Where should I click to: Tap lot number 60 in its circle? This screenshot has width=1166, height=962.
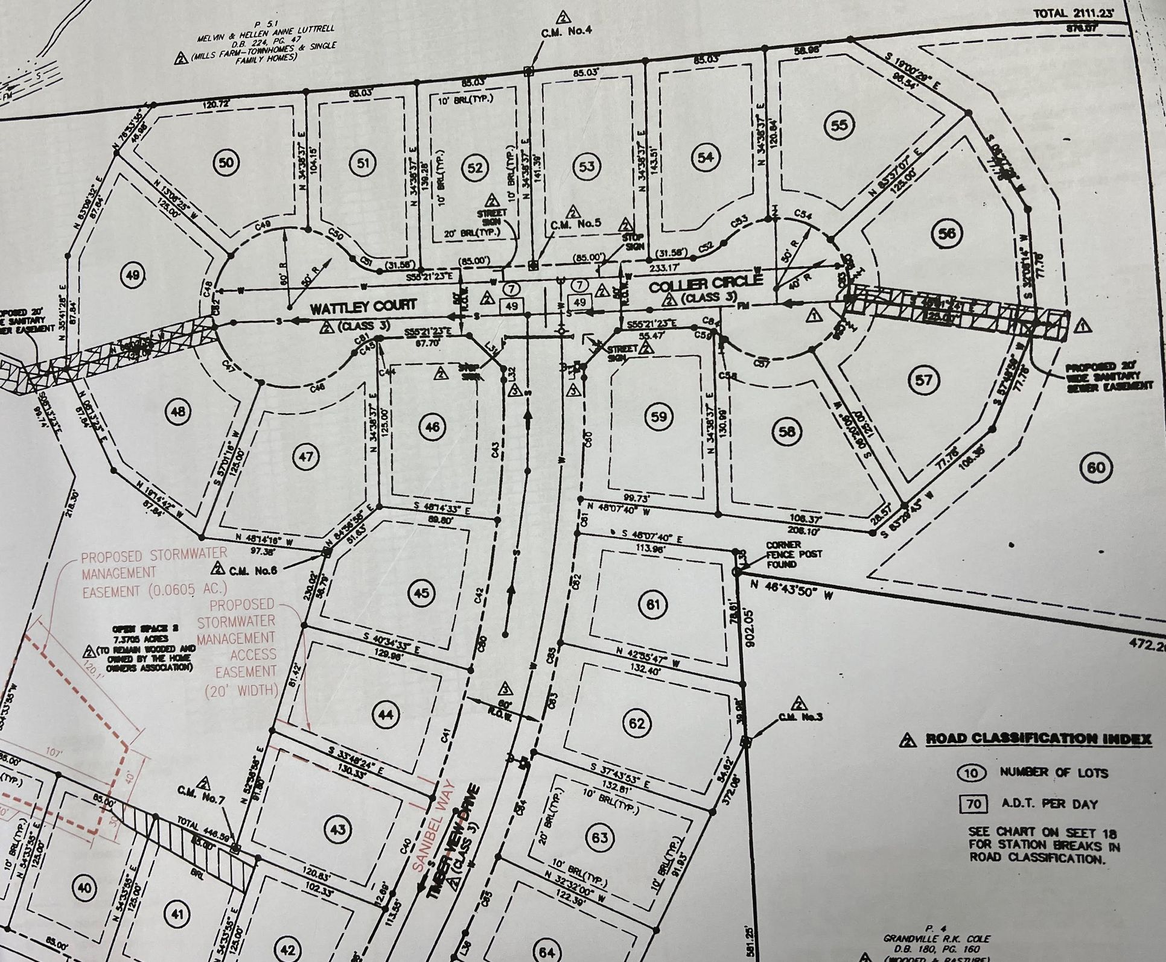[x=1097, y=467]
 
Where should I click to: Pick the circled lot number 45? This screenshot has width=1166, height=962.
[x=421, y=593]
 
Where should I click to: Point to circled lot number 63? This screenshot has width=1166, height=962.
[x=599, y=838]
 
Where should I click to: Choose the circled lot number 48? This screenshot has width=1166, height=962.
[x=178, y=411]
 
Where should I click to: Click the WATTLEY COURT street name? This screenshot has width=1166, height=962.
[x=363, y=306]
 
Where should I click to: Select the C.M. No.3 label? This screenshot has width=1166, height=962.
[x=801, y=717]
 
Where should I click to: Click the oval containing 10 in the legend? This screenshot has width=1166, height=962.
[x=971, y=773]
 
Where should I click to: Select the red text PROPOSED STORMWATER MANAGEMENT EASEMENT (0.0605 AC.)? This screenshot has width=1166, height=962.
[x=154, y=572]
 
